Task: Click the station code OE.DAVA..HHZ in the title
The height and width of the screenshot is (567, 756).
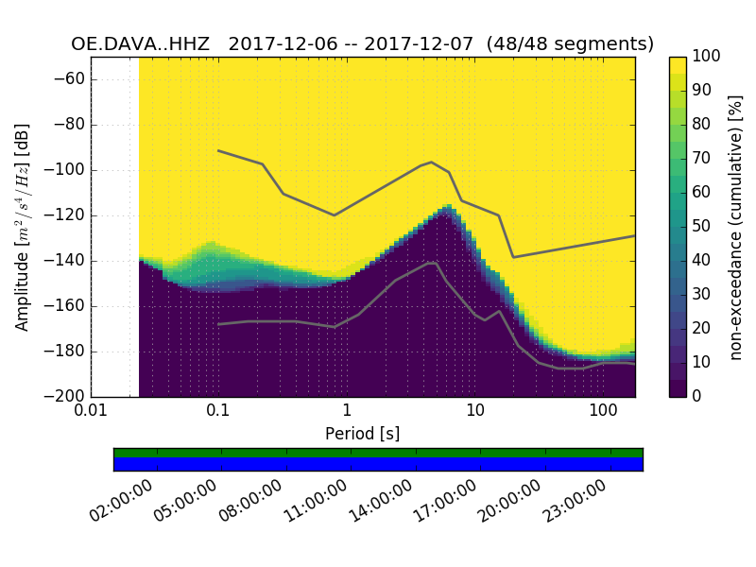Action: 144,44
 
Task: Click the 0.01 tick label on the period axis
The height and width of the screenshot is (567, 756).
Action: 91,412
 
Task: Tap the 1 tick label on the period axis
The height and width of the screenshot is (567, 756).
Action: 347,412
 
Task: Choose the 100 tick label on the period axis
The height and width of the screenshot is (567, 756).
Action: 603,412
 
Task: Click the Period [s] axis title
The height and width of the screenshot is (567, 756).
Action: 362,434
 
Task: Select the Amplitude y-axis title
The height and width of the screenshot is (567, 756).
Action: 23,227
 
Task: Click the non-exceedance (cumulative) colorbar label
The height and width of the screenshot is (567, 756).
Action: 736,227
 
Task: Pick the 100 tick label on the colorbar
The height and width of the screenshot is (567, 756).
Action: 708,57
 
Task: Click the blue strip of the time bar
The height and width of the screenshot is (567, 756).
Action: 378,464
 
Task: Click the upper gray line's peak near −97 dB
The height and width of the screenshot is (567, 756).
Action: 432,162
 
